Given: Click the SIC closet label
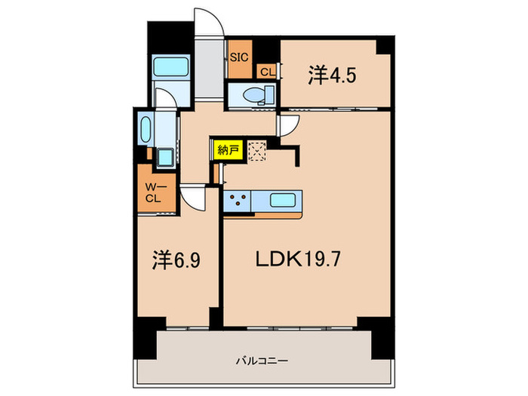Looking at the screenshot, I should (x=239, y=57).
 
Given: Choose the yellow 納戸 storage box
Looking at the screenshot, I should (x=227, y=150).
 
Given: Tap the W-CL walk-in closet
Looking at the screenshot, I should (x=153, y=193).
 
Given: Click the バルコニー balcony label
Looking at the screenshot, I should (x=256, y=360).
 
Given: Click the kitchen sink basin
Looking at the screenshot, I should (x=284, y=202).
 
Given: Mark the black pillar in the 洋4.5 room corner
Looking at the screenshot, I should (x=385, y=46).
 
